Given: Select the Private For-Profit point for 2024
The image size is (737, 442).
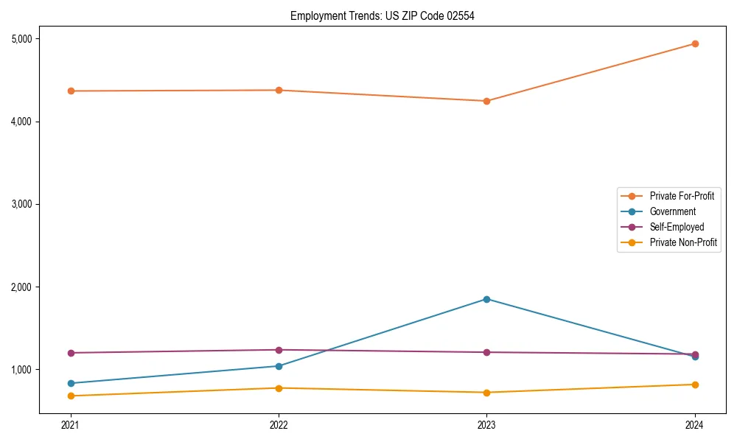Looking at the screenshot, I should pos(695,43).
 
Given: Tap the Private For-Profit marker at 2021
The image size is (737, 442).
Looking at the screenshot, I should pos(71,91).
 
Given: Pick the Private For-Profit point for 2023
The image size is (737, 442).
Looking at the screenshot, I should pos(486,101).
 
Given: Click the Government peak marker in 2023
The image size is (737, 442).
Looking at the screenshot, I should pos(486,299).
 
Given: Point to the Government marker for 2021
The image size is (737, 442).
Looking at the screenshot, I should pos(71,383).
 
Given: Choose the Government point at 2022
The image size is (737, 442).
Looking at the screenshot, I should pos(279,366).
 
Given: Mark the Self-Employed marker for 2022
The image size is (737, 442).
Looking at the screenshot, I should pos(279,350).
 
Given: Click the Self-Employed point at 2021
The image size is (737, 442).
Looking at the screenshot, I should pos(71,353).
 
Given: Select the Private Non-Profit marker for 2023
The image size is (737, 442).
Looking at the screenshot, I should pos(486,393).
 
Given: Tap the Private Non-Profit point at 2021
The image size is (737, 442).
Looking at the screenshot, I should pos(71,396).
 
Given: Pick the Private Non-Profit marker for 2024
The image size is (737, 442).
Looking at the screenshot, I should pos(695,385).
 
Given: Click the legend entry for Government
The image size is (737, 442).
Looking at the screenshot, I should pos(672,211).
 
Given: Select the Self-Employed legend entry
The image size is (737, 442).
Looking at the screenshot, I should pos(677,227).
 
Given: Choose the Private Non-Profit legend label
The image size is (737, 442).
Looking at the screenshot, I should pos(683,242).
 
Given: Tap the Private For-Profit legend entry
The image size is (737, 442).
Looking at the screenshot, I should pos(682,196).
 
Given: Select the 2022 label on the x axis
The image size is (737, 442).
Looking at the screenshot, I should pos(279,425).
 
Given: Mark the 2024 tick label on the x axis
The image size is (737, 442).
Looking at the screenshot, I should pos(695,425).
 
